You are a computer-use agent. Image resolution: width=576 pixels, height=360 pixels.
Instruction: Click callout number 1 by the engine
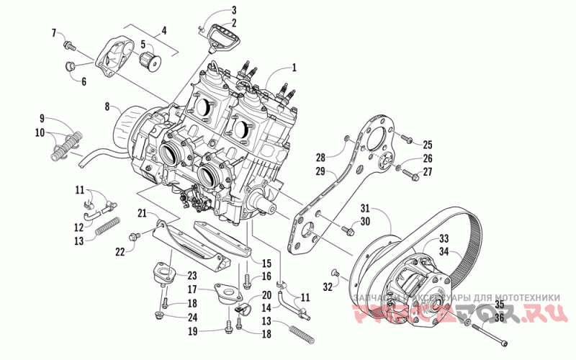tap(294, 68)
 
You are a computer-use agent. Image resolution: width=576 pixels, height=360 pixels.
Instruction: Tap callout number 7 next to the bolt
tap(53, 33)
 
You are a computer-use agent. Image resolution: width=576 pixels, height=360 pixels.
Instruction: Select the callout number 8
tap(107, 107)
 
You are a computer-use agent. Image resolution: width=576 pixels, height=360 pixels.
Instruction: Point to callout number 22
tap(120, 251)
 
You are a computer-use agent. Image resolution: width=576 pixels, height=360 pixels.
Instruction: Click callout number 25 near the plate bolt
tap(427, 143)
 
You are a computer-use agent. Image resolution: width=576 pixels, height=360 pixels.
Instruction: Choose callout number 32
tap(328, 287)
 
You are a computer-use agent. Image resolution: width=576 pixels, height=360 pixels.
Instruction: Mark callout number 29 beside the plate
tap(320, 172)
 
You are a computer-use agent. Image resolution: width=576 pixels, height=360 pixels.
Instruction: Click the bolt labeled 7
tap(69, 45)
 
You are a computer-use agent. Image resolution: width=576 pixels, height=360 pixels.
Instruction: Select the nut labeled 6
tap(68, 67)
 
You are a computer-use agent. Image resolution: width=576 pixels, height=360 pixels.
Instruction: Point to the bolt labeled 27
tap(407, 172)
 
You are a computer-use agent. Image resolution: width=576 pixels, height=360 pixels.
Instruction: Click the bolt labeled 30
tap(349, 230)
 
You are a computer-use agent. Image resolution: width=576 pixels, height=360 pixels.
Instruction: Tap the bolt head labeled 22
tap(133, 236)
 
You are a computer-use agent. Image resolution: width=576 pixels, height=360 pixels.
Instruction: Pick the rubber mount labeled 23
tap(160, 276)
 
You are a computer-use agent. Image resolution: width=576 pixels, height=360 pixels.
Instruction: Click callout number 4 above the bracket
tap(164, 30)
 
